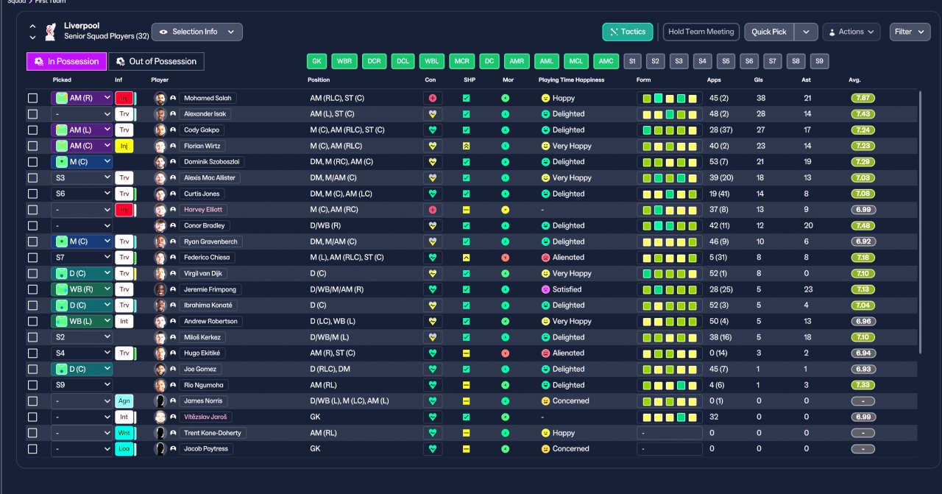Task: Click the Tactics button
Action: coord(628,32)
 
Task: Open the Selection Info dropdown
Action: coord(196,32)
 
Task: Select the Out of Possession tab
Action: coord(157,61)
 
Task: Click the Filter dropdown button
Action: coord(910,32)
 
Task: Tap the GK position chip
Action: coord(316,61)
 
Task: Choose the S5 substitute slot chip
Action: coord(726,61)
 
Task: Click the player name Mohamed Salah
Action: coord(208,98)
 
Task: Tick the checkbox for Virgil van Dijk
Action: coord(33,274)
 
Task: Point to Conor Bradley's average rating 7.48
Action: coord(863,225)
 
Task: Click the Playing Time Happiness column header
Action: coord(571,80)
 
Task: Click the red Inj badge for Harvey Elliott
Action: coord(124,210)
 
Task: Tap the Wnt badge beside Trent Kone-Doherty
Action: coord(124,433)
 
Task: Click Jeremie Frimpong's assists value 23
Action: coord(808,289)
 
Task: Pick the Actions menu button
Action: coord(851,32)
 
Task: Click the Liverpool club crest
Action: coord(51,32)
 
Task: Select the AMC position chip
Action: coord(606,61)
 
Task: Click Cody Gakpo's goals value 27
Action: coord(761,130)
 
